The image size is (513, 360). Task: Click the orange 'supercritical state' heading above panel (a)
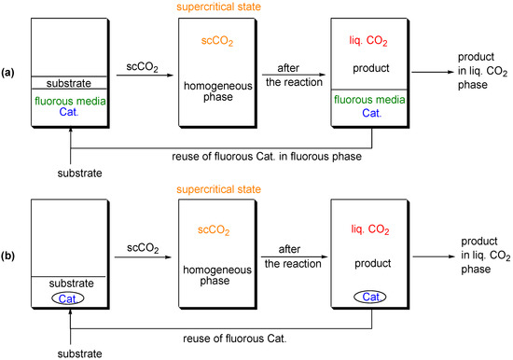click(225, 8)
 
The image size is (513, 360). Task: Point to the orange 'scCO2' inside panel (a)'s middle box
click(225, 42)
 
